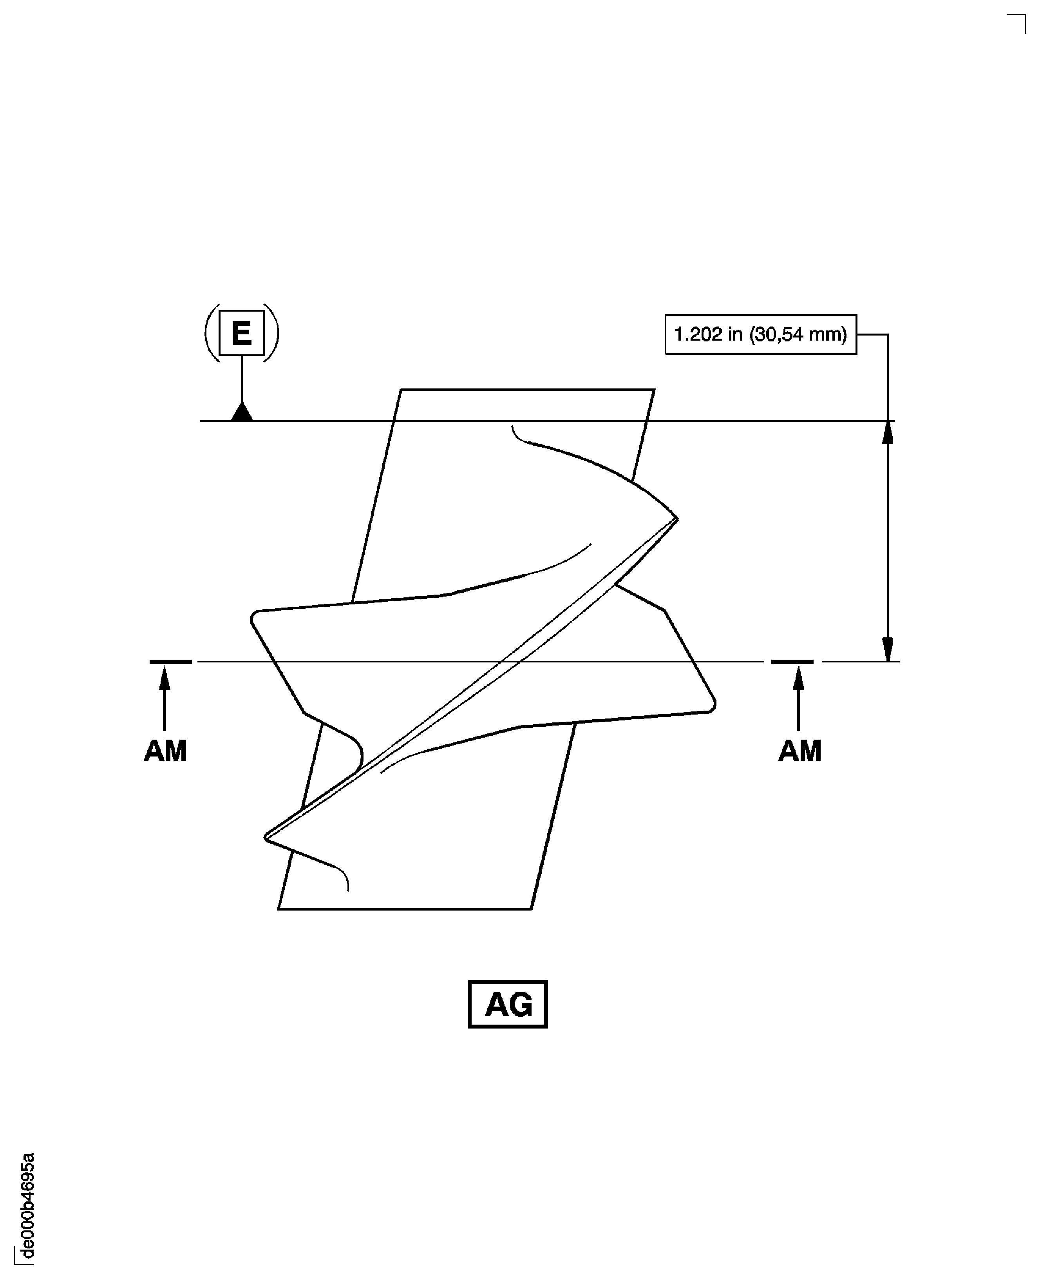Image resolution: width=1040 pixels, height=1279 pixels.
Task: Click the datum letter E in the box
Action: tap(241, 333)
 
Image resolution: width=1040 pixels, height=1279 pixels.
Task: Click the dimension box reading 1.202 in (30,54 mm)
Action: tap(760, 334)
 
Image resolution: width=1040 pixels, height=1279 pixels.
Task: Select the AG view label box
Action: tap(507, 1004)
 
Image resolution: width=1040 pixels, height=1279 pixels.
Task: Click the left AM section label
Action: tap(165, 750)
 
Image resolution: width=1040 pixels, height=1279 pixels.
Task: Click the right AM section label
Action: tap(799, 750)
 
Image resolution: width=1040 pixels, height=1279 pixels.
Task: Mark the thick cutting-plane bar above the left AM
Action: tap(171, 662)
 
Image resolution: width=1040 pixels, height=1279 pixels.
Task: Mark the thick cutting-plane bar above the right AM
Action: tap(792, 662)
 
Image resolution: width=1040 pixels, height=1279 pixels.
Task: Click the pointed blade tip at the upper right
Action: tap(676, 519)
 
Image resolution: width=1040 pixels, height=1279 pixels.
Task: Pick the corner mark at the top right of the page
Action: tap(1018, 21)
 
